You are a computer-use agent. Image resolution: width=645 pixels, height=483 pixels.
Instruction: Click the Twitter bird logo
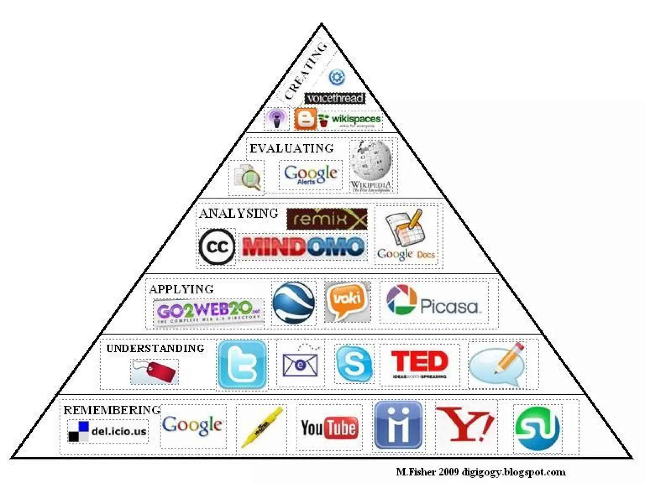click(242, 364)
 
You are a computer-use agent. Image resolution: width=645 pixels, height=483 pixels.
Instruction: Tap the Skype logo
click(354, 364)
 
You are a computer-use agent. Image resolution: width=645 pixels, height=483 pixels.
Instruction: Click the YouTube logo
click(329, 428)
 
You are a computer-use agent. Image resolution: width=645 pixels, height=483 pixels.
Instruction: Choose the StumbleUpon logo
click(537, 428)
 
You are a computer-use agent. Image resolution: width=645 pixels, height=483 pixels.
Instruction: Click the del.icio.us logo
click(107, 431)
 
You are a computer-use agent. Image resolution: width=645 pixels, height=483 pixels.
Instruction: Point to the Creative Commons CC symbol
click(217, 247)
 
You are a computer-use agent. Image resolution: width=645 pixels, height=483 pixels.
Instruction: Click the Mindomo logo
click(303, 247)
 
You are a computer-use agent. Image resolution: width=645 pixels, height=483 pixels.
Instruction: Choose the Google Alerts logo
click(311, 174)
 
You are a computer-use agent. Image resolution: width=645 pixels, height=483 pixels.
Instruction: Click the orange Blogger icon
click(305, 119)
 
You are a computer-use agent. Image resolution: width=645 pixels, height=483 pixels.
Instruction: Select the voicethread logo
click(335, 98)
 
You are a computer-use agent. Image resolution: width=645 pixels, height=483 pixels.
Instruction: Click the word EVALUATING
click(292, 148)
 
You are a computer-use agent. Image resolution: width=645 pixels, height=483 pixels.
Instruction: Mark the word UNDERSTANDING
click(155, 348)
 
